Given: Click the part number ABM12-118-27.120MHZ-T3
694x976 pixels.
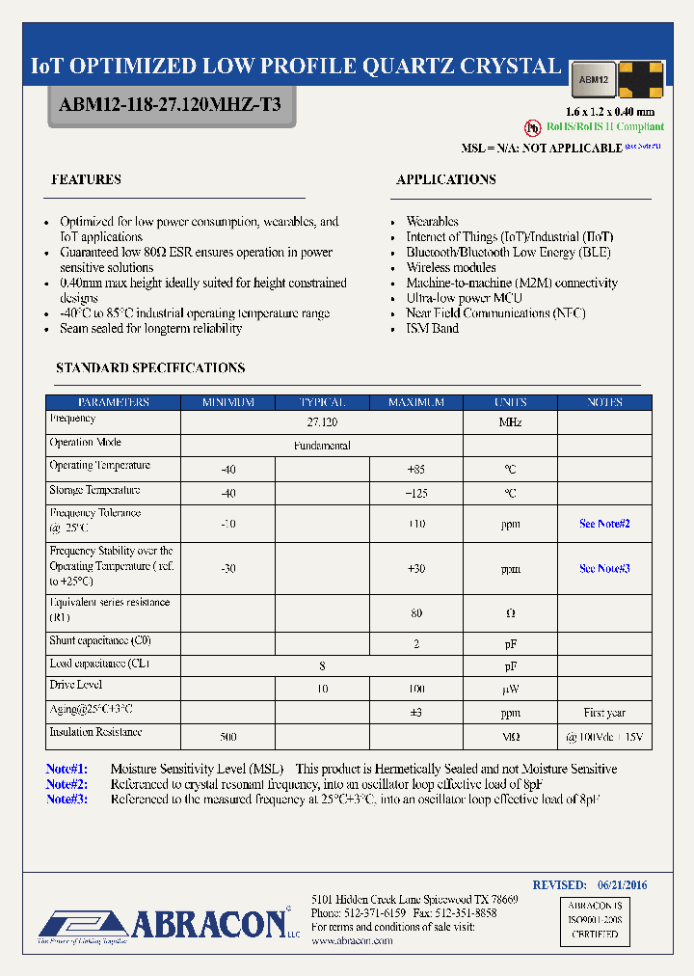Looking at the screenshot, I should [x=170, y=104].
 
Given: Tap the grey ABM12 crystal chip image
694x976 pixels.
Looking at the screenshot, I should [x=593, y=79].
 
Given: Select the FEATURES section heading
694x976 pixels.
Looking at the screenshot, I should [x=86, y=179].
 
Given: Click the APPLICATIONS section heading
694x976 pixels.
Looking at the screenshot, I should [x=446, y=179].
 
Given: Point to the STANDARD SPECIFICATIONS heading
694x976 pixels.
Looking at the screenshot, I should [x=150, y=367].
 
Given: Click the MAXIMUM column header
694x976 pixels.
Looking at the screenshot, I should [x=415, y=402].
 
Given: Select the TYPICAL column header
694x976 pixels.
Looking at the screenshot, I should [x=321, y=402].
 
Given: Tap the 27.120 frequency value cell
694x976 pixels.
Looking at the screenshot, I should [x=321, y=422].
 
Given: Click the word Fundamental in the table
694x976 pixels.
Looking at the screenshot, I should [x=322, y=446].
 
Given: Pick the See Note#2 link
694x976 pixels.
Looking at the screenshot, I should [x=604, y=524].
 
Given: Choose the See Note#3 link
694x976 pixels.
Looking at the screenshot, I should [x=604, y=568].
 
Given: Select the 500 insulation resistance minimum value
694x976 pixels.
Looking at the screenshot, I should [x=228, y=737].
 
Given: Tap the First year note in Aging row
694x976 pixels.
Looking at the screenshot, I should [x=604, y=713].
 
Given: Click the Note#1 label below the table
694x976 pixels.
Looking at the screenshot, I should [x=67, y=769].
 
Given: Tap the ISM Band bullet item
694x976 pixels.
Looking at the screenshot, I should [x=432, y=329].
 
